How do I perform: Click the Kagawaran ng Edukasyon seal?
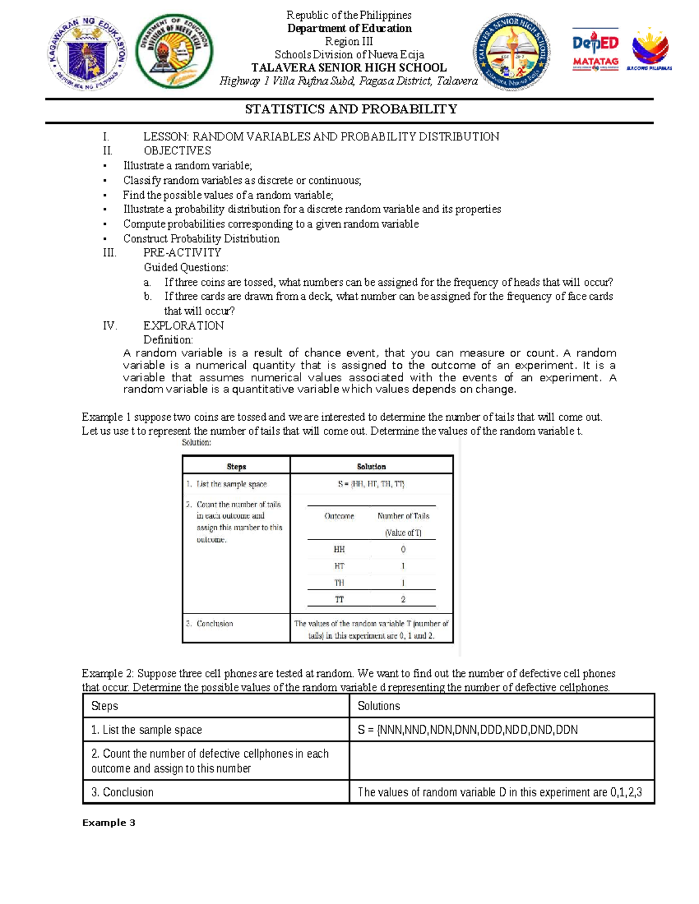(87, 53)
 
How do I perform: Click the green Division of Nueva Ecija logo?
(174, 51)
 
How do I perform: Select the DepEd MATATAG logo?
(595, 49)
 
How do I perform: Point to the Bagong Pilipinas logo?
(649, 49)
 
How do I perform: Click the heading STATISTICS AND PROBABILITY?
(351, 109)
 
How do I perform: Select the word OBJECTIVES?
(177, 151)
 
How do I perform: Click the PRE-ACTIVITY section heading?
(182, 253)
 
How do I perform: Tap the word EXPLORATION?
(183, 325)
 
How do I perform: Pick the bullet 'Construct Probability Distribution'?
(201, 239)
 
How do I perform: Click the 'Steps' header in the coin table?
(236, 466)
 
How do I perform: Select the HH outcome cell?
(339, 550)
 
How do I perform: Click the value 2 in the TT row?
(403, 599)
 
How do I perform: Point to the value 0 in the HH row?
(403, 550)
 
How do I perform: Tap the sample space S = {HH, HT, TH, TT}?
(371, 484)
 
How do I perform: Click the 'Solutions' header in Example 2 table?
(379, 706)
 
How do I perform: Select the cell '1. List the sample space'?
(146, 730)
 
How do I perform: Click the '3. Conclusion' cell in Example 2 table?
(122, 792)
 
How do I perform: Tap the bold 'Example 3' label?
(109, 823)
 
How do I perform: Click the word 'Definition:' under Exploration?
(168, 340)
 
